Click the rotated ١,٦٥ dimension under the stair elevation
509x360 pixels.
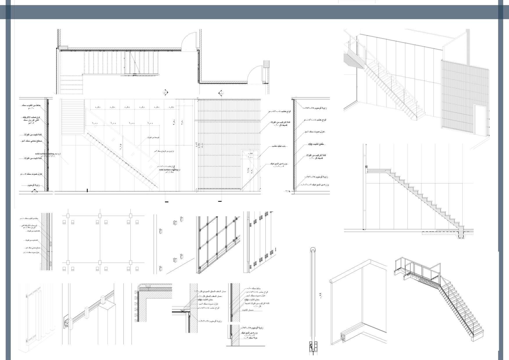click(120, 147)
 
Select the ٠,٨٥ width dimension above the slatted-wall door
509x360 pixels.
click(250, 153)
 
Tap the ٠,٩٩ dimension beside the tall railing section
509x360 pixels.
click(321, 296)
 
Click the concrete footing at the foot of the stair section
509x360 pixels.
click(461, 234)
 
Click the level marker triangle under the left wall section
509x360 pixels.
click(35, 191)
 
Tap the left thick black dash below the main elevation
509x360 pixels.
click(166, 202)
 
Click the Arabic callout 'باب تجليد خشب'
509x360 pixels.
click(279, 146)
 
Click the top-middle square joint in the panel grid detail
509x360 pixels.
click(100, 216)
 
